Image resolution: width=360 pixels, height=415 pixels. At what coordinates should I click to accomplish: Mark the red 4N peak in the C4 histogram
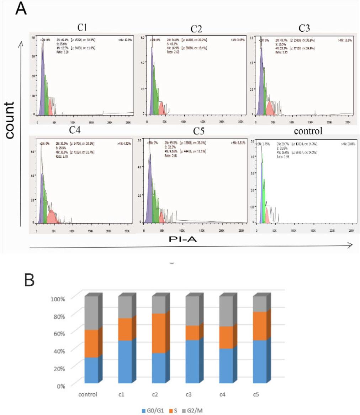pyautogui.click(x=52, y=215)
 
